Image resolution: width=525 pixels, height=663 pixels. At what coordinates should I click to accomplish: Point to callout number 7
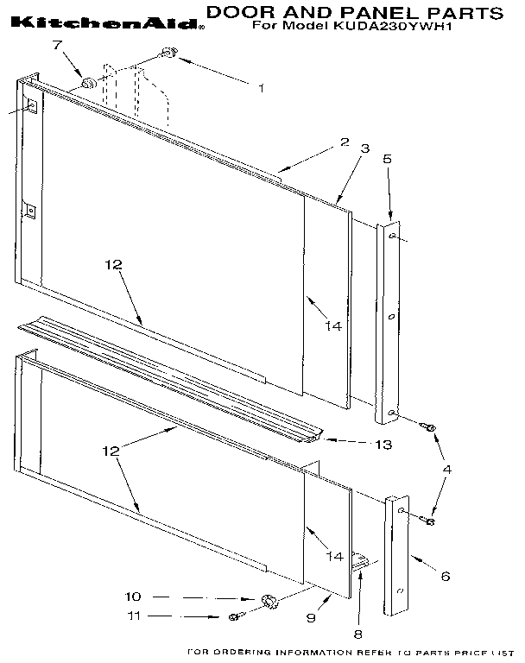coord(58,45)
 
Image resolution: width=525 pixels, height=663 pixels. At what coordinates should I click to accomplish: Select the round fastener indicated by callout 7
coord(87,84)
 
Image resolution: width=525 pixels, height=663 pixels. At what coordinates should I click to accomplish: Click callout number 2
coord(344,142)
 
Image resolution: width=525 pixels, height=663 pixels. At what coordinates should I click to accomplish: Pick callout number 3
coord(365,148)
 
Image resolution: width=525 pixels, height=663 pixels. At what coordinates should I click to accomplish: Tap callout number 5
coord(387,159)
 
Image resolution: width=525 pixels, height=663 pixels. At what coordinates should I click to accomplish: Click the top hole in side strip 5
coord(393,235)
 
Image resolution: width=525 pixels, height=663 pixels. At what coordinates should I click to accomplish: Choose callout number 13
coord(383,445)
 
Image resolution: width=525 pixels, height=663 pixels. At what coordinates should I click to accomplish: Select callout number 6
coord(446,576)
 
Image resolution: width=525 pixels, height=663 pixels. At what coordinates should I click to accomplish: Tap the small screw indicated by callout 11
coord(233,616)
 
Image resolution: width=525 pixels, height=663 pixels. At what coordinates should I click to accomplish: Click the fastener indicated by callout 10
coord(268,599)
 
